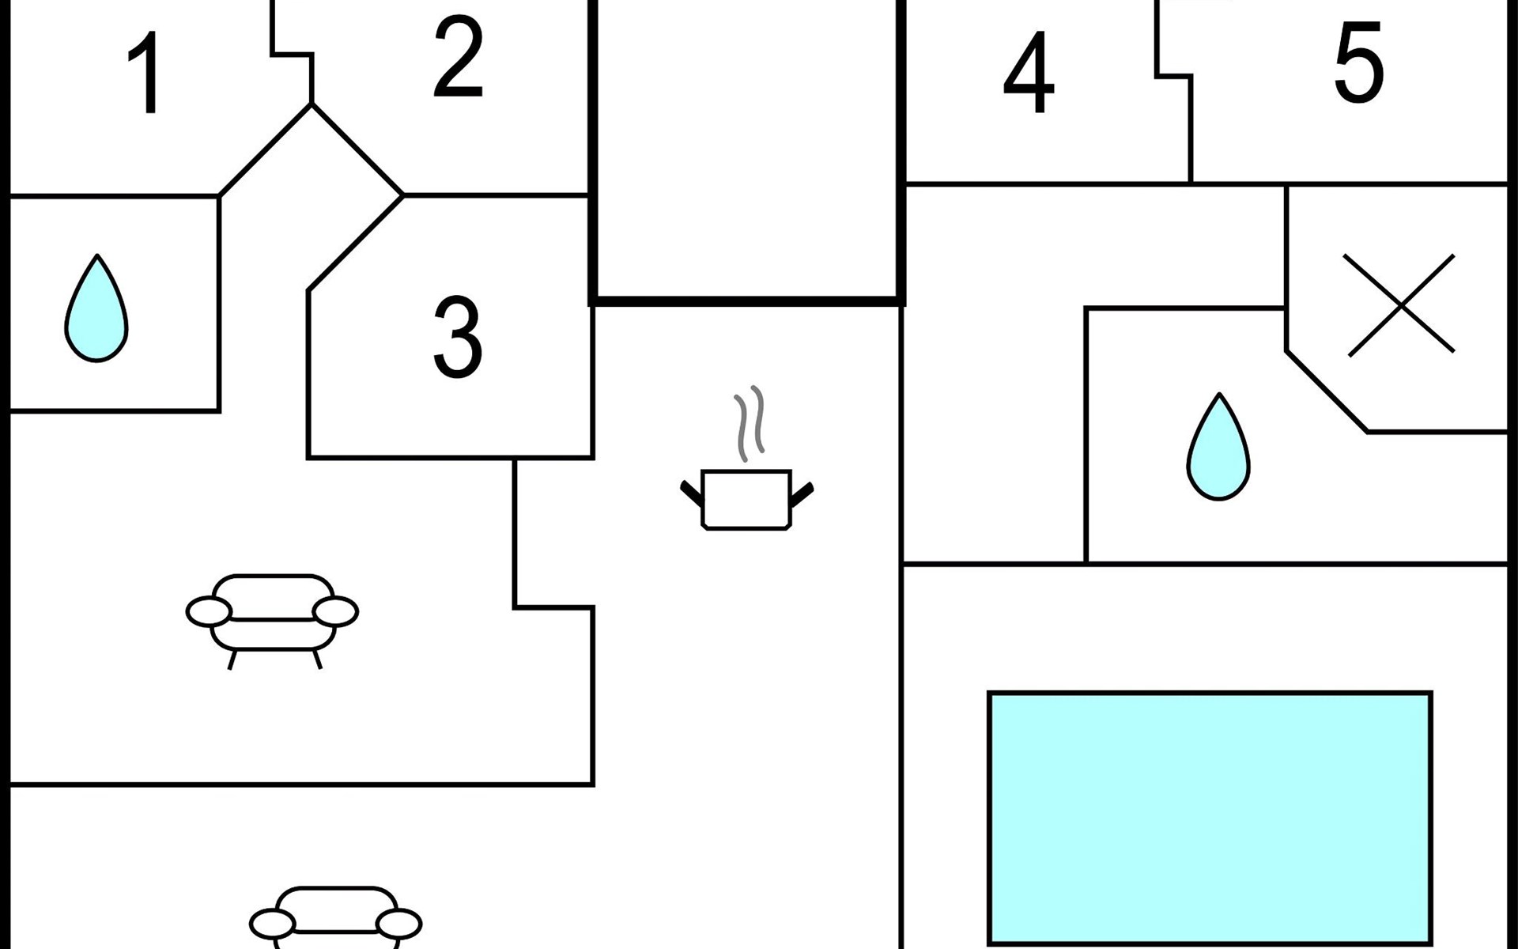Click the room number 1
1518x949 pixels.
(146, 73)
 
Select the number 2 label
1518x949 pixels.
(458, 58)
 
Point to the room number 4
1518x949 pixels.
(1029, 73)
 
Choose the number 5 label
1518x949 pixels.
(1359, 62)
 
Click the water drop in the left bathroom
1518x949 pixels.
(96, 308)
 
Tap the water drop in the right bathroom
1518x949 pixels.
(1218, 447)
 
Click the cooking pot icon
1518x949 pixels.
(747, 499)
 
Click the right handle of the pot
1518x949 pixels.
(802, 493)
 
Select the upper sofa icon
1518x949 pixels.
(272, 622)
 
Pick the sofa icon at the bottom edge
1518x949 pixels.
(335, 917)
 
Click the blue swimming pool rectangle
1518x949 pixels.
(1210, 818)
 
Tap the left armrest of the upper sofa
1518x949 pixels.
(210, 611)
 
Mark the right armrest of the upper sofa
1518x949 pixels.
(335, 612)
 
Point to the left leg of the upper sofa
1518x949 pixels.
(232, 660)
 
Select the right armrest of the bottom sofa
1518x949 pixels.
(398, 924)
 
